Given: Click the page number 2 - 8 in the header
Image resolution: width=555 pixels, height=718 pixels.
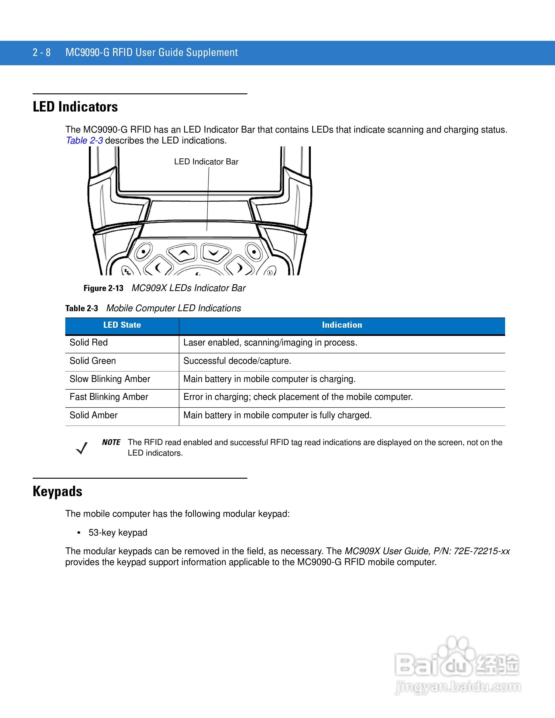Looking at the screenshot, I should coord(41,53).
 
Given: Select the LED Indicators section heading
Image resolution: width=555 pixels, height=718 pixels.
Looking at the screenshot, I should coord(75,107).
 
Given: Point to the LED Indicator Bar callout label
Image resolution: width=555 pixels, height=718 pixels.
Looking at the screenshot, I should coord(206,162).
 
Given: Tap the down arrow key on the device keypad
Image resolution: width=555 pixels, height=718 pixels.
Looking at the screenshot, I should coord(214,252).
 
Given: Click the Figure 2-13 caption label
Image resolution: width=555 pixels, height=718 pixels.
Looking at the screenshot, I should coord(103,288).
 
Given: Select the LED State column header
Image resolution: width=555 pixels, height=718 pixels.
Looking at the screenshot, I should coord(122,325).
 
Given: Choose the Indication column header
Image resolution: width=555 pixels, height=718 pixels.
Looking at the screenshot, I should coord(342,325).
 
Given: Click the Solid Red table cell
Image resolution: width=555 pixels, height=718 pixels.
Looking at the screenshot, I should coord(89,342).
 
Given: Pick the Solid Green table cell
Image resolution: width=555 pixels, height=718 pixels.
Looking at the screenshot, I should coord(93,361).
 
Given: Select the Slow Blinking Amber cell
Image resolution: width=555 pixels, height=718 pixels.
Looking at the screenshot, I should coord(110,379).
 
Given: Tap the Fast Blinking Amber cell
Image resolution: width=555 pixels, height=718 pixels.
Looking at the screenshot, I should coord(109,397).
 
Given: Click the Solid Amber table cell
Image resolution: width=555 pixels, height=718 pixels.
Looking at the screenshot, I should coord(93,415).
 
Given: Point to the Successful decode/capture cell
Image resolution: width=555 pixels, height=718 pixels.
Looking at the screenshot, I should coord(237,361).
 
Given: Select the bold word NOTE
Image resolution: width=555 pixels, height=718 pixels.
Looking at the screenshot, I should coord(111,442).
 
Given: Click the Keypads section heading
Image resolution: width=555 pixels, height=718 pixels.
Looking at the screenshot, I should coord(58,492).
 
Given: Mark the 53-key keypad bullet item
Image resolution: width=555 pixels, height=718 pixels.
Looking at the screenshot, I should coord(118,533).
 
